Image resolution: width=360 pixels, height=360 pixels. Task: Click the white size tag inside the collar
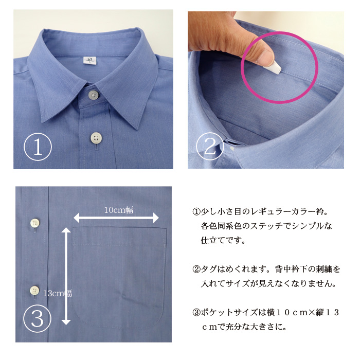pyautogui.click(x=91, y=60)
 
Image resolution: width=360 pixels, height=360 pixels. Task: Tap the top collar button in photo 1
pyautogui.click(x=93, y=95)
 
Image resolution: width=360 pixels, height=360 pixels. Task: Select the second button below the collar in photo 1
pyautogui.click(x=96, y=138)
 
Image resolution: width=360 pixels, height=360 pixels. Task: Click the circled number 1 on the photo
pyautogui.click(x=38, y=147)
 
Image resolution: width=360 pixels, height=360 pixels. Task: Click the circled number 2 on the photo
pyautogui.click(x=210, y=146)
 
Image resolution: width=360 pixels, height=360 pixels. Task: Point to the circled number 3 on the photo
pyautogui.click(x=37, y=318)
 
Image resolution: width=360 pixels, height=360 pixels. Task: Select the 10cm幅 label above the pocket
pyautogui.click(x=118, y=210)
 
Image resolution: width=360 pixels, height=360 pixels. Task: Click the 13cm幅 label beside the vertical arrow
pyautogui.click(x=58, y=293)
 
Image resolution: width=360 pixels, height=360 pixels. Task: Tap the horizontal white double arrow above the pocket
pyautogui.click(x=116, y=218)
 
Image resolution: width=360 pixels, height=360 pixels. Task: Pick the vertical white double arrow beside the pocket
pyautogui.click(x=66, y=276)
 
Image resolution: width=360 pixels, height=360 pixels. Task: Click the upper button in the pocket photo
pyautogui.click(x=34, y=223)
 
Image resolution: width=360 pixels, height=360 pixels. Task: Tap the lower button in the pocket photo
pyautogui.click(x=34, y=290)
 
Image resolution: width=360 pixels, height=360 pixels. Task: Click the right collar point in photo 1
pyautogui.click(x=137, y=129)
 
